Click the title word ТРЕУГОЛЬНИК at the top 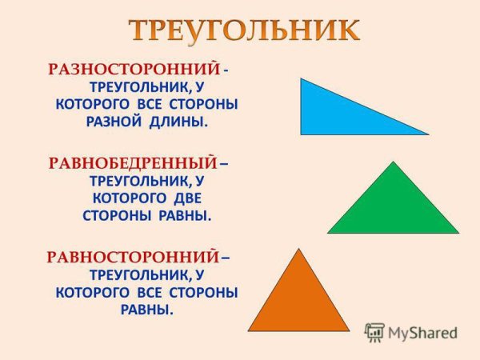(245, 30)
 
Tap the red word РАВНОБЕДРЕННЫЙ (133, 163)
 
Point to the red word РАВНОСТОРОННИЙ (133, 258)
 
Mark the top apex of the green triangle (394, 162)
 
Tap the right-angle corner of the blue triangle (301, 134)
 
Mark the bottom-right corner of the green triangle (458, 233)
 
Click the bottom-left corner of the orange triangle (249, 330)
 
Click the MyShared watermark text (422, 333)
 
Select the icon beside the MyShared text (374, 332)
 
